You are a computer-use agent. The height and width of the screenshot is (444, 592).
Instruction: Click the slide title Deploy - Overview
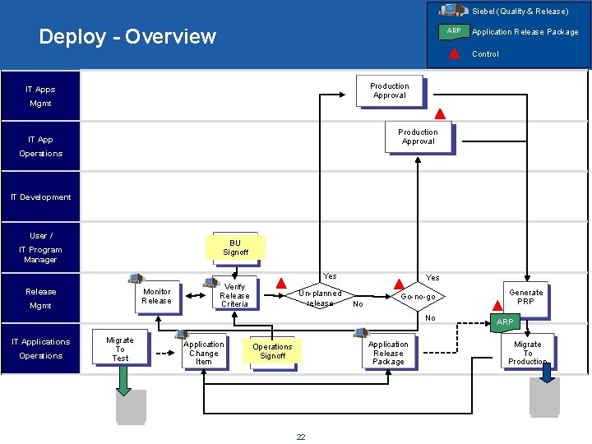point(127,37)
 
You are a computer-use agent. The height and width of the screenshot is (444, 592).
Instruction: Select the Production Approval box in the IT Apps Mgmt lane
point(389,90)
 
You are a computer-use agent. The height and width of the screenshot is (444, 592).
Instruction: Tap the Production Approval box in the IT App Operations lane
point(418,136)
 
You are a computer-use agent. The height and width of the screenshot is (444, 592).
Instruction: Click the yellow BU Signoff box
point(235,247)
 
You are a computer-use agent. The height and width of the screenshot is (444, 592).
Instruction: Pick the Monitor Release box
point(156,296)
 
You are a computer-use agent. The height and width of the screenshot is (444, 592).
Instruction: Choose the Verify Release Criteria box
point(234,296)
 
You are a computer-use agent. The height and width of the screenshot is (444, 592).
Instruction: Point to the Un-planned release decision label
point(320,298)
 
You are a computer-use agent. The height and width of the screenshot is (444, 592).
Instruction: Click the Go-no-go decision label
point(418,297)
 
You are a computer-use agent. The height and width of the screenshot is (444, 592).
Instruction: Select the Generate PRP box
point(525,297)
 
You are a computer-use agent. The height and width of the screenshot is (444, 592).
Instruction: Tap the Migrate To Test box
point(120,349)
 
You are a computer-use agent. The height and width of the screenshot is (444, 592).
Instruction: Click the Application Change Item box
point(203,353)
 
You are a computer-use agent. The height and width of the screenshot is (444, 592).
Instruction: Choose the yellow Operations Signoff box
point(272,351)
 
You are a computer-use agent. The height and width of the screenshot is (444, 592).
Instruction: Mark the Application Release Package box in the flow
point(388,353)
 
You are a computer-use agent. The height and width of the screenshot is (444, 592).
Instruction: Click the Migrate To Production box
point(527,352)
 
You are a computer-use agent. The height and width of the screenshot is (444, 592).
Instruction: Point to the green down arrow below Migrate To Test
point(123,380)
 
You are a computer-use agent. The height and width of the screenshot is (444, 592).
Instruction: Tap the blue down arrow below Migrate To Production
point(547,373)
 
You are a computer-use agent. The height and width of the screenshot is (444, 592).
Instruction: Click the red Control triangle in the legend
point(454,53)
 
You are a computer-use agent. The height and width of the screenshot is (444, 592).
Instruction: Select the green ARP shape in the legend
point(453,31)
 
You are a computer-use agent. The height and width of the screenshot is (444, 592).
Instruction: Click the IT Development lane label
point(41,197)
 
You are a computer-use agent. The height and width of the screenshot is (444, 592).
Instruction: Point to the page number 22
point(300,437)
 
